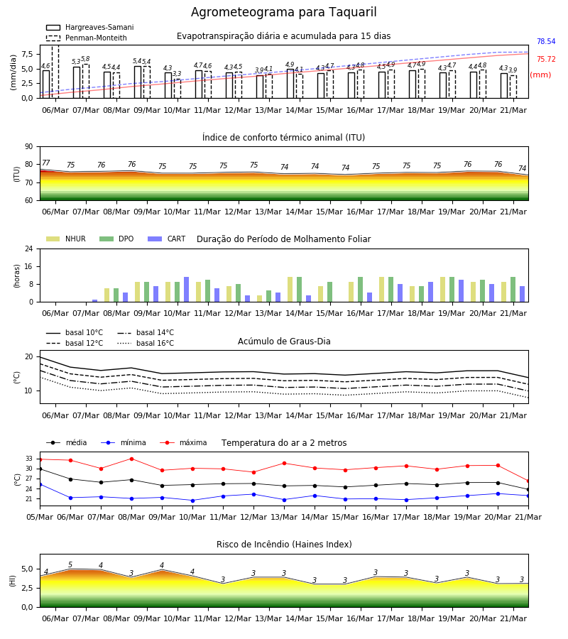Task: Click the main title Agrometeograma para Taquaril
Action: (283, 12)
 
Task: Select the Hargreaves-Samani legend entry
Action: (90, 27)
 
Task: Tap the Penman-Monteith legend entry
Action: (87, 38)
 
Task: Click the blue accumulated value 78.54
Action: (546, 42)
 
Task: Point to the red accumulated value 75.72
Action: (546, 59)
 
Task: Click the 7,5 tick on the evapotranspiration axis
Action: (27, 54)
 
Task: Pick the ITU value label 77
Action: (46, 163)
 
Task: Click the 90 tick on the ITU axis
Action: (29, 147)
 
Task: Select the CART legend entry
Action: (167, 239)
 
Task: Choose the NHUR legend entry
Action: (66, 239)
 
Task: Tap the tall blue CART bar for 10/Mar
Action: (186, 290)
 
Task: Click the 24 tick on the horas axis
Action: (29, 248)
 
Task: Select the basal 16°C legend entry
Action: (146, 343)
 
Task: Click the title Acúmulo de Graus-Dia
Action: (284, 342)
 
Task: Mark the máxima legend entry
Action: (184, 442)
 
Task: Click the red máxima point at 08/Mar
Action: (131, 459)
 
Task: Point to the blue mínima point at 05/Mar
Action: (40, 484)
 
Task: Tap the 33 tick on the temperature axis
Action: (29, 459)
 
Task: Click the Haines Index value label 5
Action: (70, 564)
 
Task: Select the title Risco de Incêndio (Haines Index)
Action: (284, 545)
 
